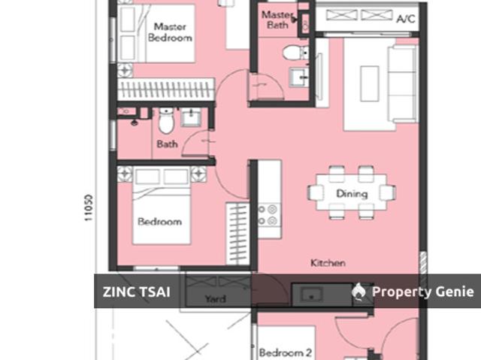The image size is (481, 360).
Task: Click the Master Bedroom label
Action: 170,32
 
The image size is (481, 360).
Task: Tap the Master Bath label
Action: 277,20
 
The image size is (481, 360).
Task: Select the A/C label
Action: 406,19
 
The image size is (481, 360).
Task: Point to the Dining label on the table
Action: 352,193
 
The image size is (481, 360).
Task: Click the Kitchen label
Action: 328,263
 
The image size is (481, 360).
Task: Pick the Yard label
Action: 216,298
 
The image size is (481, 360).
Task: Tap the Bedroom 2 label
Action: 286,352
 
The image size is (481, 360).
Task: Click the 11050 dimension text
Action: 88,207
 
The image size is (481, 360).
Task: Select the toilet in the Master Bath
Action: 295,53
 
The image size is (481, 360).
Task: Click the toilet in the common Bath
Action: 166,120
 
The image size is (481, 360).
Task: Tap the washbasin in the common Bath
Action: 191,116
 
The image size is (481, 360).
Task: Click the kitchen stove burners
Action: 269,215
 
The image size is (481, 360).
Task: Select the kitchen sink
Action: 311,295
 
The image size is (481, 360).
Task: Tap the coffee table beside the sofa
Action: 370,83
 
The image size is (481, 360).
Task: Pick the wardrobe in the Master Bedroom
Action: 166,89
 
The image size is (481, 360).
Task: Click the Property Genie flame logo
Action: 358,291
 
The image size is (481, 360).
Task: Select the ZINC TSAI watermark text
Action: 137,292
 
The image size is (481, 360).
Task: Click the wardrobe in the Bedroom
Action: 237,233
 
